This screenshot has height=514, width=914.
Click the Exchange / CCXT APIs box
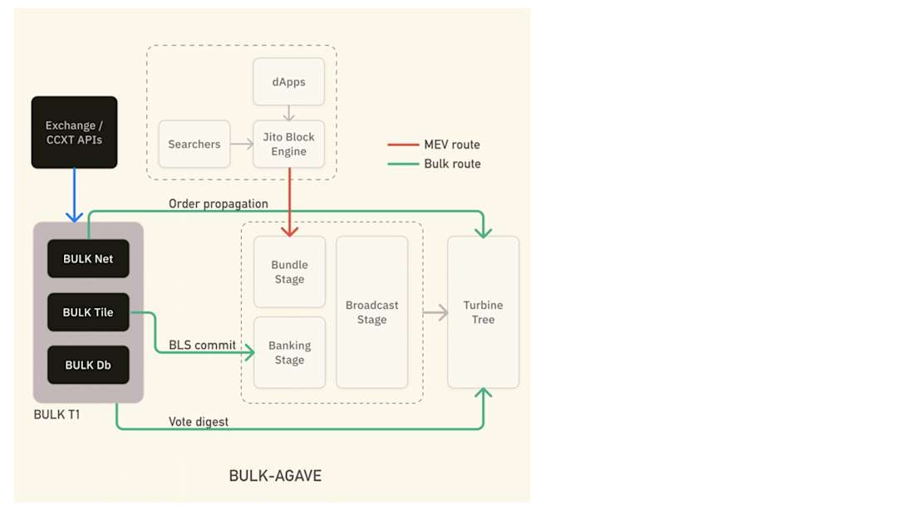[x=74, y=133]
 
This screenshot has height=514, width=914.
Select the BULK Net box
[x=88, y=259]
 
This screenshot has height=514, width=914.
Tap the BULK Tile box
[x=88, y=313]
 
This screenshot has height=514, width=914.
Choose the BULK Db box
[x=88, y=365]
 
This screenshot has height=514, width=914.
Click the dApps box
[x=288, y=82]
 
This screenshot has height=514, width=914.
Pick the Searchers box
[x=194, y=144]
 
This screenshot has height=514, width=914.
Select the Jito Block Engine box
[x=288, y=144]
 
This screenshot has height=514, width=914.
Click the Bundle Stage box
[x=289, y=272]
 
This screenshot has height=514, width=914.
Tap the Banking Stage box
[x=289, y=353]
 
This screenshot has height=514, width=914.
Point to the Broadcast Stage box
[x=371, y=312]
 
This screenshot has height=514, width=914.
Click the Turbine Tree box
[x=483, y=312]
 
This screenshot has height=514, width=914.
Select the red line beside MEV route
[x=403, y=145]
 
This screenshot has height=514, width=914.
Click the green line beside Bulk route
[x=403, y=164]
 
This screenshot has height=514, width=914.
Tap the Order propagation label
[x=219, y=203]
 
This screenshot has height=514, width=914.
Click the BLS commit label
[x=202, y=345]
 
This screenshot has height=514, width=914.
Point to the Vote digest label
[x=199, y=422]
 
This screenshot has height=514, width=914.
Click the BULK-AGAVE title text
[x=275, y=476]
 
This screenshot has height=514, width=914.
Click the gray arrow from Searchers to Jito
[x=242, y=144]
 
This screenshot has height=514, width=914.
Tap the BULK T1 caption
[x=57, y=414]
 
